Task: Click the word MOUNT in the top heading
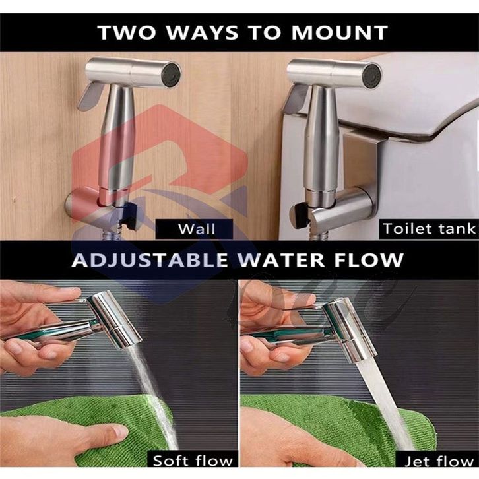339,32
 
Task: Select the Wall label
197,229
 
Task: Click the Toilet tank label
430,228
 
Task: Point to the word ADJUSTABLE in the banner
150,260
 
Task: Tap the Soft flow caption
193,460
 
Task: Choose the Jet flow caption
439,461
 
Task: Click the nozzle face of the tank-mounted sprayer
372,75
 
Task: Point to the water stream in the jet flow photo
385,406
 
